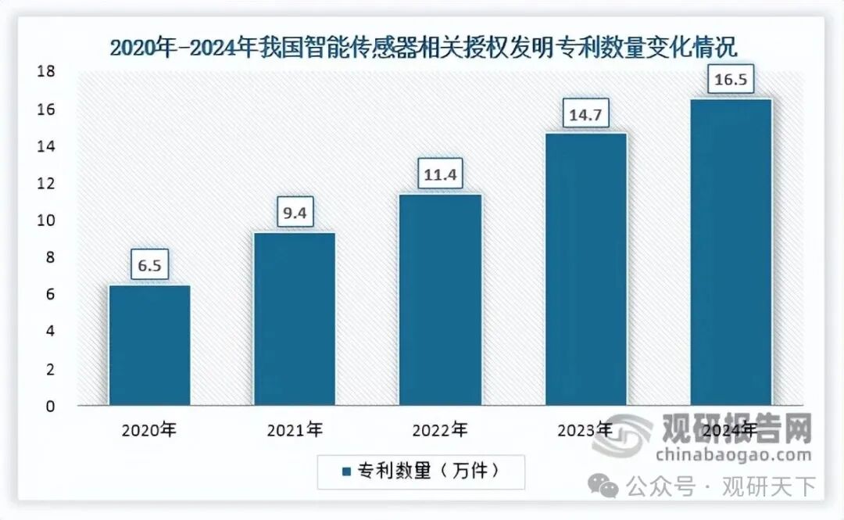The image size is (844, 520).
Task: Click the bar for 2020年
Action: point(149,345)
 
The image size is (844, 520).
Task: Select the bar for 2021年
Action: point(295,319)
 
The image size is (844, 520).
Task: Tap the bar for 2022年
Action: point(440,299)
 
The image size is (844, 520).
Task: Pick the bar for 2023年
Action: point(585,269)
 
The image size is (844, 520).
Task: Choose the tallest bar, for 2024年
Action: point(731,252)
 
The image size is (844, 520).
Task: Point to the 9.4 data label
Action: point(295,211)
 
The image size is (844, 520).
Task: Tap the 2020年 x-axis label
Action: point(149,429)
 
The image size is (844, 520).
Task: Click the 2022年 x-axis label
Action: point(440,429)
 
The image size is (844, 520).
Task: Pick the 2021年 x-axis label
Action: point(295,429)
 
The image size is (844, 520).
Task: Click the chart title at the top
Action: point(422,47)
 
